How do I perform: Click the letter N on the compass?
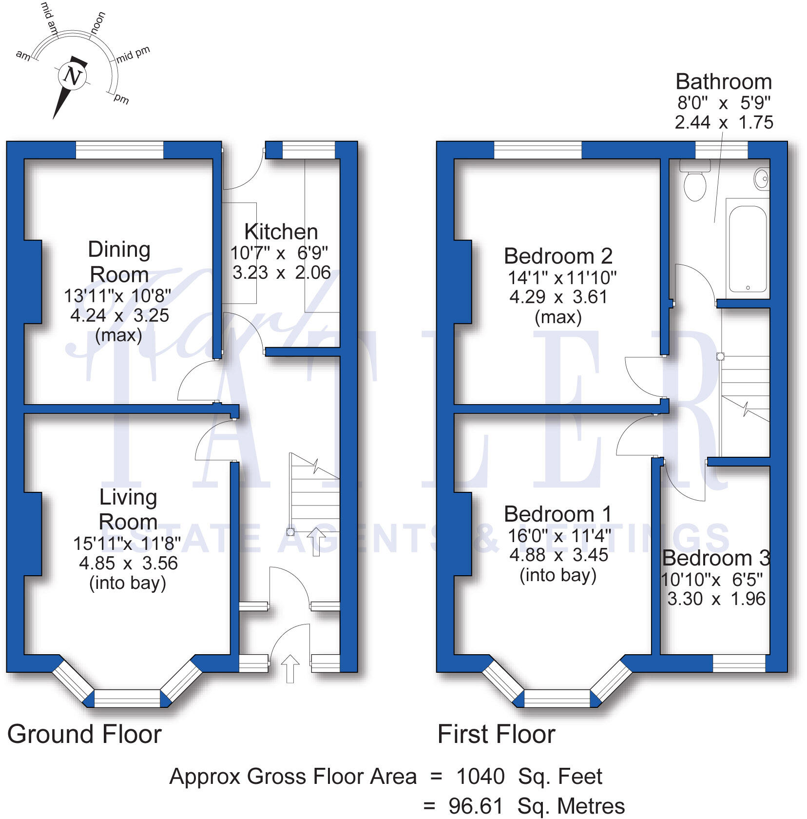point(73,76)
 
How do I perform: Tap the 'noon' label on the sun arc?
point(98,23)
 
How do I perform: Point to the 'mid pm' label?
point(133,54)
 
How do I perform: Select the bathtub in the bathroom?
point(748,249)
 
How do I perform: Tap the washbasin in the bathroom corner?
point(762,178)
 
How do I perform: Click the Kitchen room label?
point(281,232)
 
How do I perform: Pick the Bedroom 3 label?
point(716,558)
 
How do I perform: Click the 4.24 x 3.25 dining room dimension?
point(119,315)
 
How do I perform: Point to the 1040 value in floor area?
point(480,776)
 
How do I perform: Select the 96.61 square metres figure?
point(476,806)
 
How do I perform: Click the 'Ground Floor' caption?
point(84,734)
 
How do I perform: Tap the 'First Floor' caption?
point(496,734)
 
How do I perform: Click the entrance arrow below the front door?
point(290,668)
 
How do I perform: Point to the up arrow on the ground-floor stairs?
point(316,541)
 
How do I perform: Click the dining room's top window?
point(119,150)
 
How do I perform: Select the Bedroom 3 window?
point(739,663)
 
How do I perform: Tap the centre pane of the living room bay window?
point(127,698)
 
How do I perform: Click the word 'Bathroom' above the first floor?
point(724,82)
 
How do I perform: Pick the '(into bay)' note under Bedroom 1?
point(558,575)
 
